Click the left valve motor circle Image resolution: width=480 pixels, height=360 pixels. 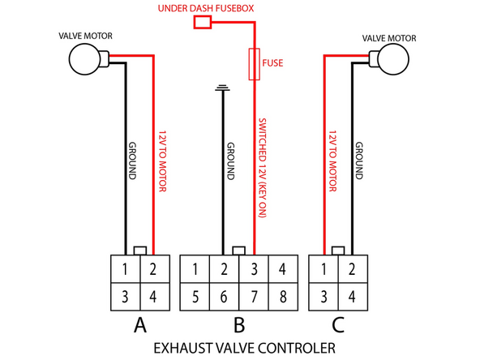[x=83, y=59]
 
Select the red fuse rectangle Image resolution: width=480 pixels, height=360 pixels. [x=254, y=63]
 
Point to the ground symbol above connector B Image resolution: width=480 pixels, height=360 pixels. [x=221, y=87]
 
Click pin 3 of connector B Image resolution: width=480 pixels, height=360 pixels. [x=254, y=268]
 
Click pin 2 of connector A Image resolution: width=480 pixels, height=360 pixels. [x=154, y=268]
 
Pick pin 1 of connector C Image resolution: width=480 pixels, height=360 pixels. [x=325, y=268]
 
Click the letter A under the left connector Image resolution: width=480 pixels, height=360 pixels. [x=139, y=326]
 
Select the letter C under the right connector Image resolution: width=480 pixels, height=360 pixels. [x=339, y=326]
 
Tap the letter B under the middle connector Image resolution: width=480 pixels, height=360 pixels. [x=238, y=326]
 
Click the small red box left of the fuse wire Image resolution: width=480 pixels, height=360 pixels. [x=202, y=23]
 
